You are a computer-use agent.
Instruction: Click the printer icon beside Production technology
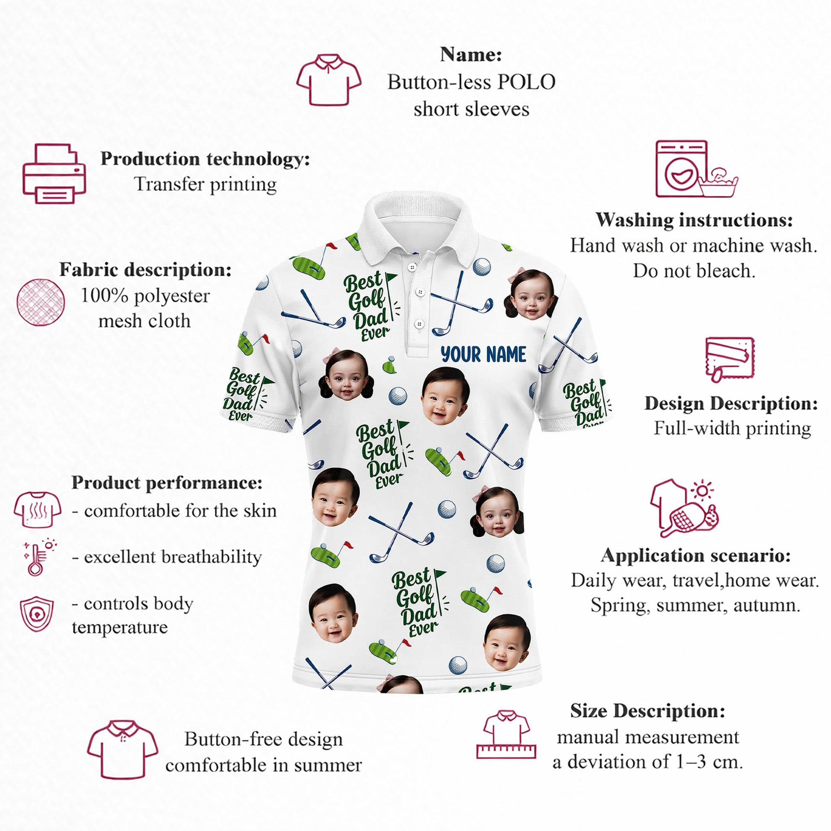(54, 173)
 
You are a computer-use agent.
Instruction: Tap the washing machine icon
(681, 169)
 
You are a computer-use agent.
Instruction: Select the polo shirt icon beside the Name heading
(329, 80)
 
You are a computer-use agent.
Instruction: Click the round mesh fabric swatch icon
(41, 302)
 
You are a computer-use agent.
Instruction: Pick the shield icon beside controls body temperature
(37, 614)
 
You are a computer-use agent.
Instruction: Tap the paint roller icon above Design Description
(729, 360)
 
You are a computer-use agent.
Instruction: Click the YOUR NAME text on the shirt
(483, 354)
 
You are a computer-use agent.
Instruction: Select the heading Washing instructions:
(694, 220)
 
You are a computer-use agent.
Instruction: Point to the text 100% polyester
(145, 296)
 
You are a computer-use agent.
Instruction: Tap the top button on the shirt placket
(413, 267)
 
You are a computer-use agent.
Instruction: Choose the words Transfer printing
(205, 184)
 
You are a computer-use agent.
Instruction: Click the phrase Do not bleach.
(694, 271)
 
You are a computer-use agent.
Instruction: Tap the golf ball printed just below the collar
(482, 266)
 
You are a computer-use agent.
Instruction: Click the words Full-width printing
(732, 428)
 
